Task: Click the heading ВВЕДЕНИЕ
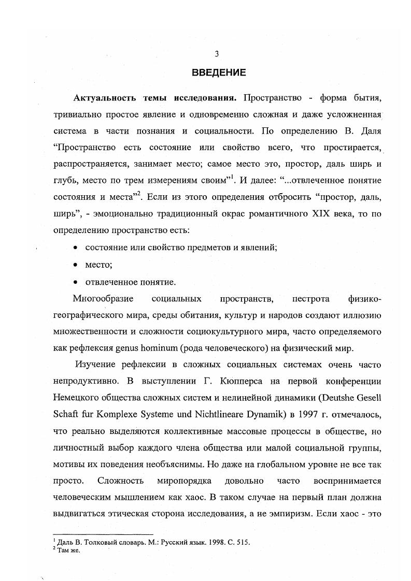point(219,72)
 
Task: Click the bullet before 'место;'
point(76,265)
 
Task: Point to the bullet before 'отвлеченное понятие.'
point(76,282)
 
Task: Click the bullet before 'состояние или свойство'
point(76,248)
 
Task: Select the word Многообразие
point(104,299)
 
